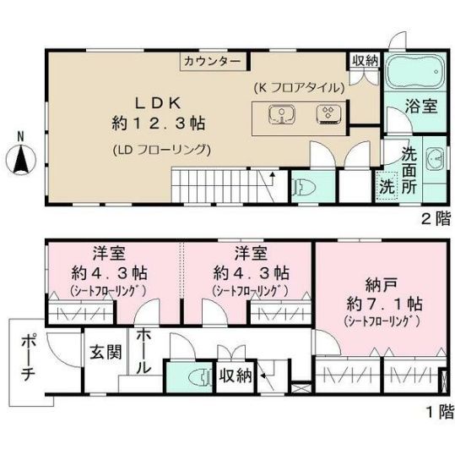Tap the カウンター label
click(212, 62)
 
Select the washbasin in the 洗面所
click(434, 157)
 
